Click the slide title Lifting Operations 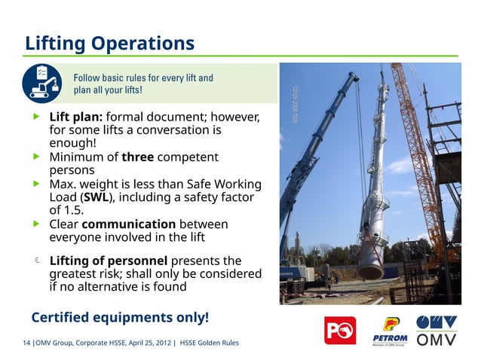(x=110, y=43)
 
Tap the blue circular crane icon (x=43, y=83)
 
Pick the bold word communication (x=128, y=224)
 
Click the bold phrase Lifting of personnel (x=108, y=261)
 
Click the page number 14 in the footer (x=27, y=343)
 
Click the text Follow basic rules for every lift (x=142, y=78)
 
